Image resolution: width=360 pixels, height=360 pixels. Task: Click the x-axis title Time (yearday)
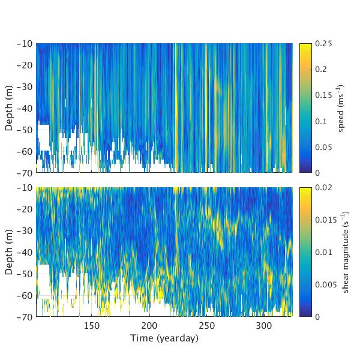click(164, 338)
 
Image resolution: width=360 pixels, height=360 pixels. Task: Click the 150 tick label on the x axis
click(91, 325)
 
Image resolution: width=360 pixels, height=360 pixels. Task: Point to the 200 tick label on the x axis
click(149, 325)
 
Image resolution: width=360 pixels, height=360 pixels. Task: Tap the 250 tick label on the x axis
click(206, 325)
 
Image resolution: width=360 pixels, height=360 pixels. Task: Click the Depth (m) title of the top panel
click(10, 108)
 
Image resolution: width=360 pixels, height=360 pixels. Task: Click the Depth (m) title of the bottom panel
click(10, 251)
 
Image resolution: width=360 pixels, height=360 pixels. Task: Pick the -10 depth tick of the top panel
click(25, 44)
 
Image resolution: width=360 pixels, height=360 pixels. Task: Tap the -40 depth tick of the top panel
click(25, 108)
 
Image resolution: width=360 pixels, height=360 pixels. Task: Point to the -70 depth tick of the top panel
click(25, 173)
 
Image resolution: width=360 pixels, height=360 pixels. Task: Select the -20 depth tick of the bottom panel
click(25, 209)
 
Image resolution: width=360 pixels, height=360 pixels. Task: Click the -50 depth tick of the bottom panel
click(25, 273)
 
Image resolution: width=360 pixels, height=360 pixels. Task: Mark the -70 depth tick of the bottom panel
click(25, 316)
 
